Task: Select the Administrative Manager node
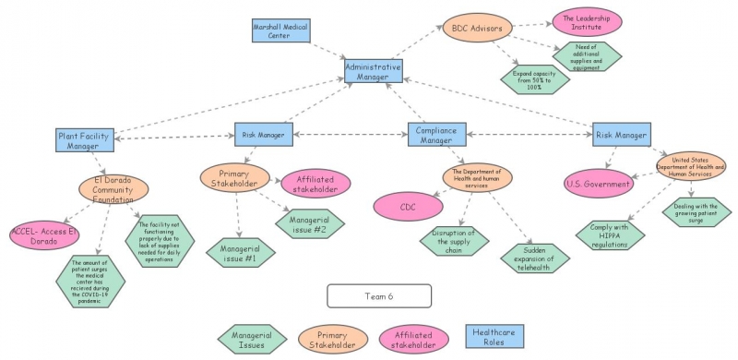point(373,72)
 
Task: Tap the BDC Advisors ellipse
point(473,29)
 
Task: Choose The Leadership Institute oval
point(586,19)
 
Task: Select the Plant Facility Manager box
point(83,140)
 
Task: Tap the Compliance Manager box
point(437,135)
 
